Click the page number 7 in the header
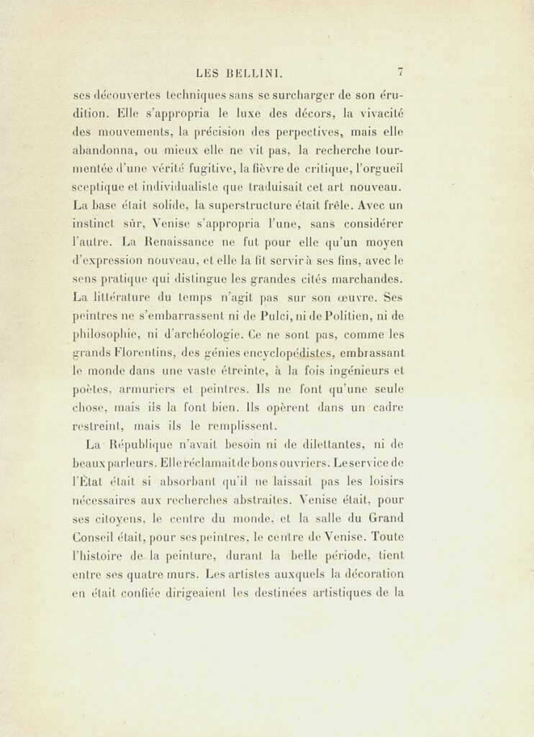point(400,71)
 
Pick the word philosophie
point(107,335)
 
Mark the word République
point(158,444)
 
